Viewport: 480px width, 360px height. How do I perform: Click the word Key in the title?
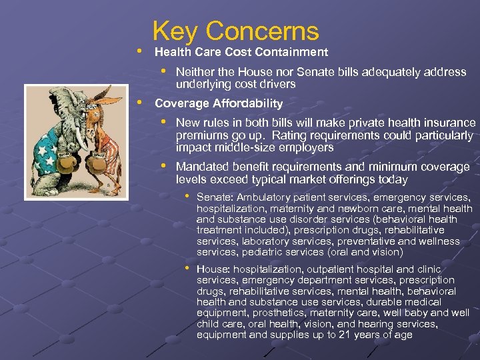click(x=175, y=31)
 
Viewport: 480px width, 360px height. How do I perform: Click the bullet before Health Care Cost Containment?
click(x=138, y=51)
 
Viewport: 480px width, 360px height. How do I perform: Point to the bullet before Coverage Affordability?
click(x=138, y=103)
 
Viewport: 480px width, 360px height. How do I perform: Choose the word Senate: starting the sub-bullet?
click(x=215, y=197)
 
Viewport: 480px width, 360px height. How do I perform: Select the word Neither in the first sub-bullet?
click(x=195, y=72)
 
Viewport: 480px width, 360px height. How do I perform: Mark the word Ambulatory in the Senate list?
click(x=264, y=197)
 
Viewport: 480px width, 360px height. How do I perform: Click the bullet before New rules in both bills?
click(x=163, y=121)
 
